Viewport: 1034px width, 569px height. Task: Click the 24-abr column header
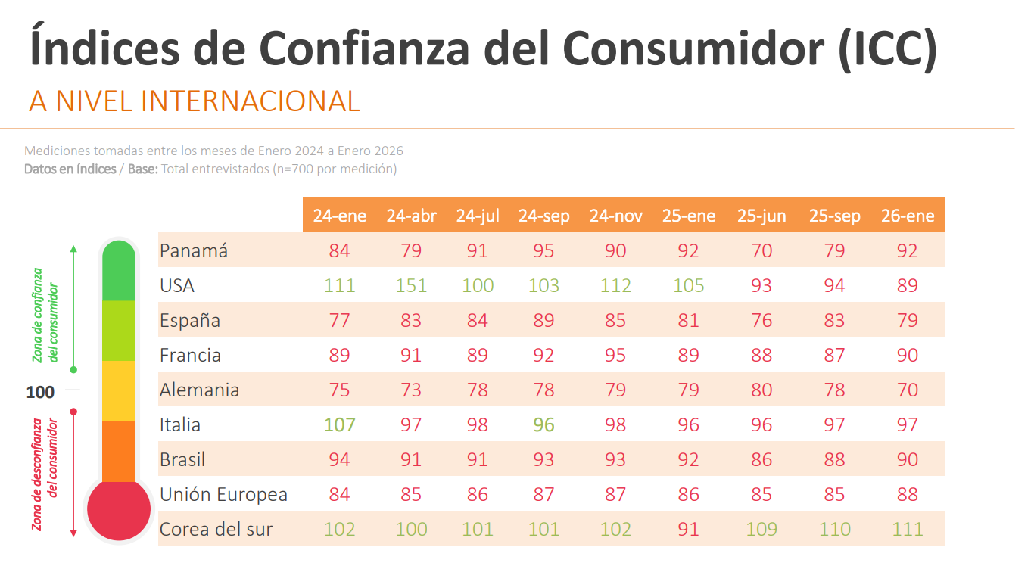point(411,216)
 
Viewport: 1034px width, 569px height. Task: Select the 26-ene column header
point(908,216)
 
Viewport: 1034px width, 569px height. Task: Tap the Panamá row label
point(194,251)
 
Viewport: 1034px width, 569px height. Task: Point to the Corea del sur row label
point(216,529)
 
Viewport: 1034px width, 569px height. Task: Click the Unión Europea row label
point(223,495)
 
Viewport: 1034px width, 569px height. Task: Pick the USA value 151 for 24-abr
point(411,286)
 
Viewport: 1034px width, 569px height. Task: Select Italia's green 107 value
point(339,425)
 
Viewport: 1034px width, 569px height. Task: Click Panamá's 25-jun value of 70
point(761,251)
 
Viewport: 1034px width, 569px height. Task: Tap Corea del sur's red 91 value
point(689,529)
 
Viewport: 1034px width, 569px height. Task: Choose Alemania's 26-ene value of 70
point(907,390)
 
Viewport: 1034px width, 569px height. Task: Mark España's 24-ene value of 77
point(339,321)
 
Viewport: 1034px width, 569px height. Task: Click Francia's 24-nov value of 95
point(615,356)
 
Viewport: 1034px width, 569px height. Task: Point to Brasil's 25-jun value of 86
point(761,460)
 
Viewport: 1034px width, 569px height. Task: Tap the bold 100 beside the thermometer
point(40,393)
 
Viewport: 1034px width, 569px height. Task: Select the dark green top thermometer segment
point(120,271)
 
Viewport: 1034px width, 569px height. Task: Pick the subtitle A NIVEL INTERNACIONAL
point(194,101)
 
